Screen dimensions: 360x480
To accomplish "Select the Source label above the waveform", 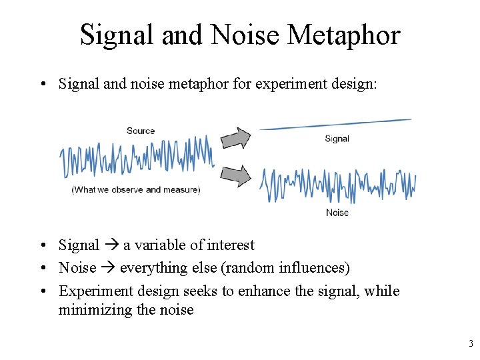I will click(x=141, y=131).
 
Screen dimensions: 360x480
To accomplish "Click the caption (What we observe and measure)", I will click(x=136, y=190).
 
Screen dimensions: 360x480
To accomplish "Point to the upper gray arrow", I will click(x=235, y=138).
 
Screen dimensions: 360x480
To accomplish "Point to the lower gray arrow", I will click(x=235, y=177).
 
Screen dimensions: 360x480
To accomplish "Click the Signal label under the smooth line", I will click(x=337, y=139).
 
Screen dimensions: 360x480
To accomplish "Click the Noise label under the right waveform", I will click(x=337, y=213).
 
